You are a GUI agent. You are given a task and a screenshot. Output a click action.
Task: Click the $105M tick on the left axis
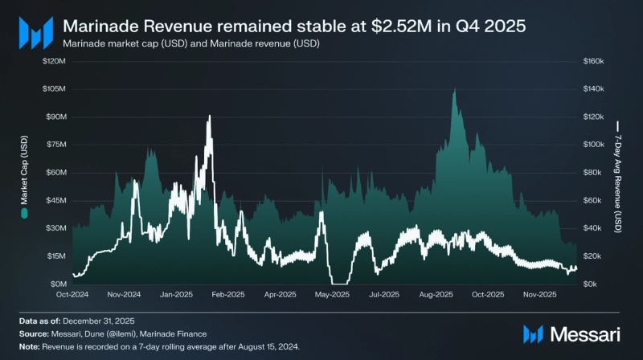[x=55, y=88]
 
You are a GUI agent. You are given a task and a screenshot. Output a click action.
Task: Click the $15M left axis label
[x=56, y=256]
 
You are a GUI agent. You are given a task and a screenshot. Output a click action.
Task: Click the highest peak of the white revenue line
[x=210, y=117]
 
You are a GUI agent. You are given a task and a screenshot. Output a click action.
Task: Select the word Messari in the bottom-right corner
[x=584, y=333]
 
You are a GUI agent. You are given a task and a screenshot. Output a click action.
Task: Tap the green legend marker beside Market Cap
[x=24, y=214]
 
